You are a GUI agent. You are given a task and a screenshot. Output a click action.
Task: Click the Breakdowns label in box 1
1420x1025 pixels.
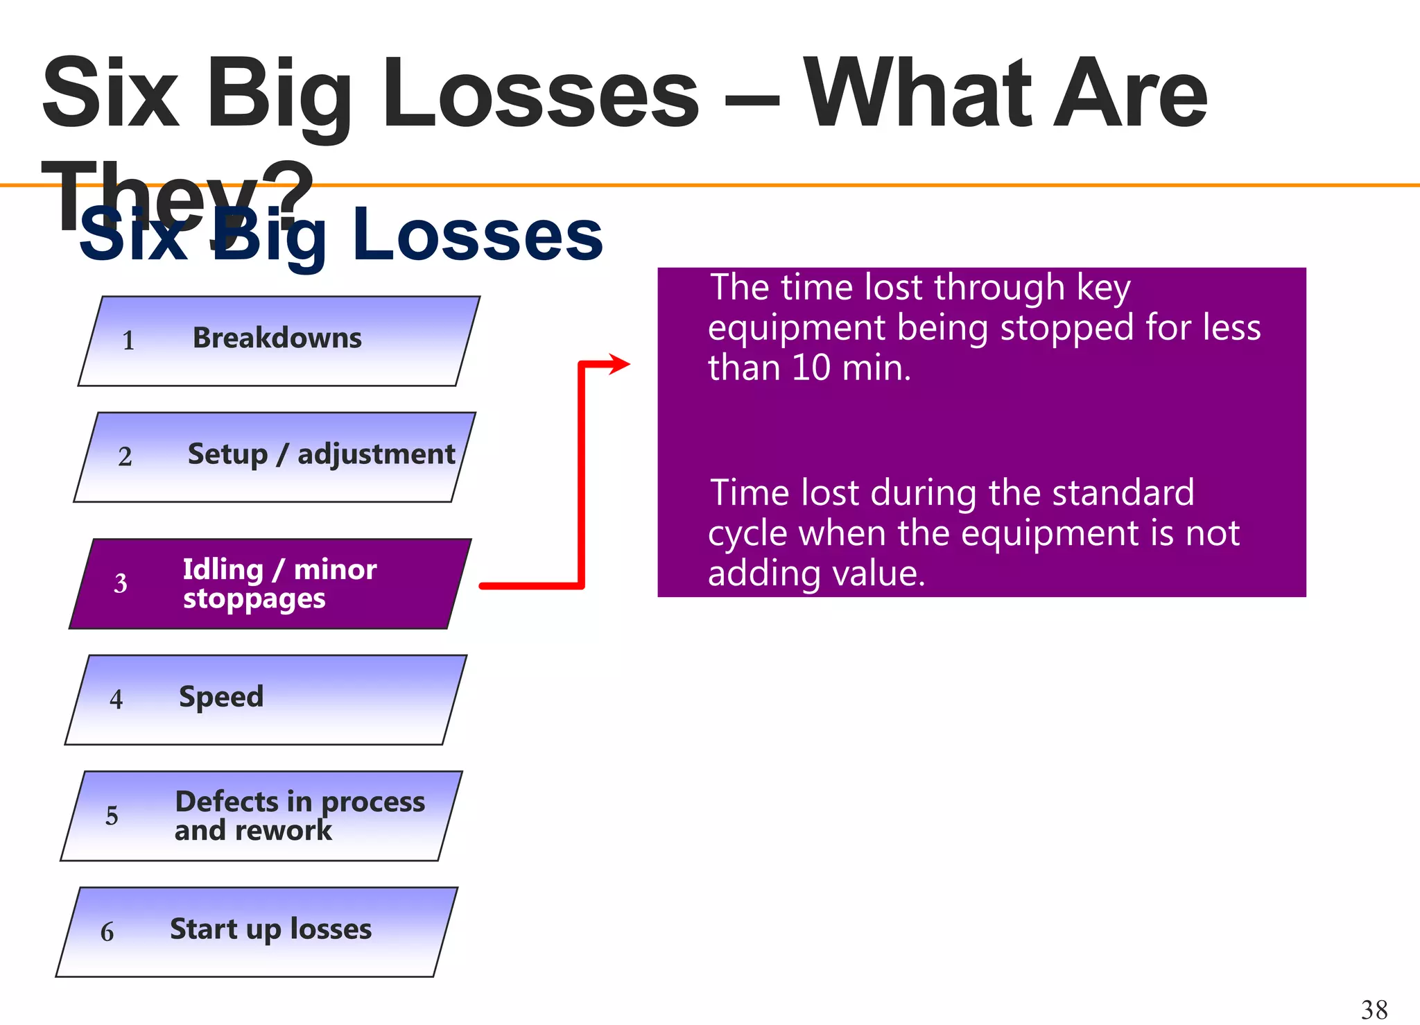277,338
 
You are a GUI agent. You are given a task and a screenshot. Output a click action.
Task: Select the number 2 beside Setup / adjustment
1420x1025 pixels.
125,457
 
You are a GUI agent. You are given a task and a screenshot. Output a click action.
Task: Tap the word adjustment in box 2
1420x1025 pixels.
376,455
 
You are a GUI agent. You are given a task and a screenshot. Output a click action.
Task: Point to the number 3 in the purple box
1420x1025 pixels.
121,584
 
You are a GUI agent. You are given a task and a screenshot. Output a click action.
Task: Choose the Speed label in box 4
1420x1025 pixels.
221,697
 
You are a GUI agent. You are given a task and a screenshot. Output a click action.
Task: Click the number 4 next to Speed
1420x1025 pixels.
116,699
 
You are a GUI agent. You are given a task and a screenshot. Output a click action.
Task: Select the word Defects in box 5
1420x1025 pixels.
227,802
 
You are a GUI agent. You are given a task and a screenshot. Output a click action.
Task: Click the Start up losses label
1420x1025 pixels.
270,929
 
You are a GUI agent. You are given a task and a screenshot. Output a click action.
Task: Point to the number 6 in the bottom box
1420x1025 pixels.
107,932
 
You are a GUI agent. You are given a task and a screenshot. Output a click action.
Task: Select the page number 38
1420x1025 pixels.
1374,1009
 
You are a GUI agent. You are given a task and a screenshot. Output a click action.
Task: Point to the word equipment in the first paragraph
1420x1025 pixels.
796,328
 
